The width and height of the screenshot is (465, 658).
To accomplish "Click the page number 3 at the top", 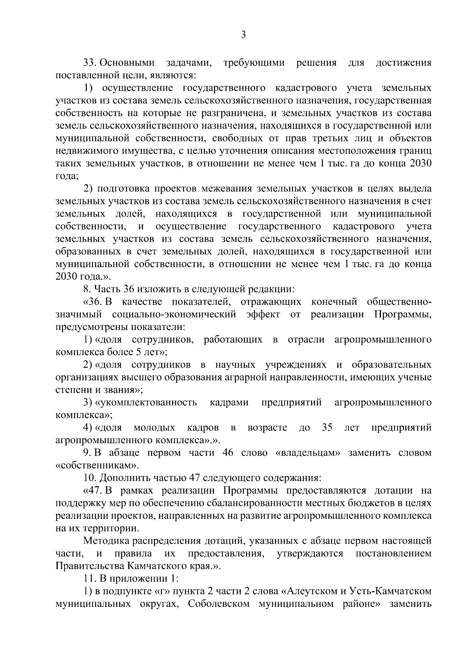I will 243,35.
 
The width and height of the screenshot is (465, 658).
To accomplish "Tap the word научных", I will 235,365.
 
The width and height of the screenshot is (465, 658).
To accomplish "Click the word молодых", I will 154,428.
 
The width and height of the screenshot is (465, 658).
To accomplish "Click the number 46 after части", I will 227,453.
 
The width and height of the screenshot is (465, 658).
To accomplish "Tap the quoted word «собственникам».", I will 95,465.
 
